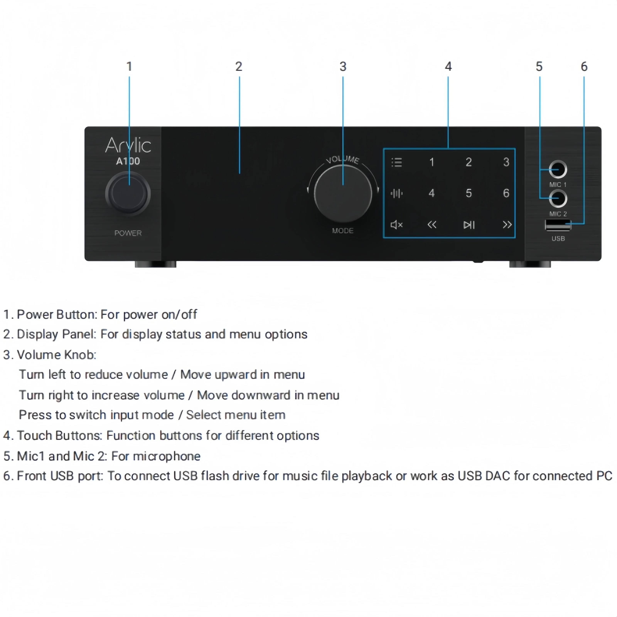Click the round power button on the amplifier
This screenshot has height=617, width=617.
click(x=128, y=194)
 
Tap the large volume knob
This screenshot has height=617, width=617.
click(x=343, y=194)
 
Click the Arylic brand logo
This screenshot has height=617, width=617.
click(x=128, y=145)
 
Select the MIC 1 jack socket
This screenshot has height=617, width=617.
click(x=558, y=169)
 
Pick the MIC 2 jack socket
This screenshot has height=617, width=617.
click(x=558, y=198)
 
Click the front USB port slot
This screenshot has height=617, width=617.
click(x=558, y=225)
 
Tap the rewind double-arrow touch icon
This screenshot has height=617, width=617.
click(x=432, y=225)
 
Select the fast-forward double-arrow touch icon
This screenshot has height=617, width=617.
click(x=507, y=225)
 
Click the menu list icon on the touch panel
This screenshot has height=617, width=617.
click(x=397, y=162)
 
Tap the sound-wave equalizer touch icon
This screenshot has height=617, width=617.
click(x=397, y=193)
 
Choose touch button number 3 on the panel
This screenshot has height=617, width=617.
click(x=506, y=162)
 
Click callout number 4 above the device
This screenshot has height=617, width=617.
click(x=448, y=67)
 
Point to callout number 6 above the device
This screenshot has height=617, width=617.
click(x=584, y=67)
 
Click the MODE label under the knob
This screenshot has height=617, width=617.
click(x=343, y=231)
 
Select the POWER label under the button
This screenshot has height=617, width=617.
click(x=128, y=233)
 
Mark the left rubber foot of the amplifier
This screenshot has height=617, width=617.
click(x=156, y=264)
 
